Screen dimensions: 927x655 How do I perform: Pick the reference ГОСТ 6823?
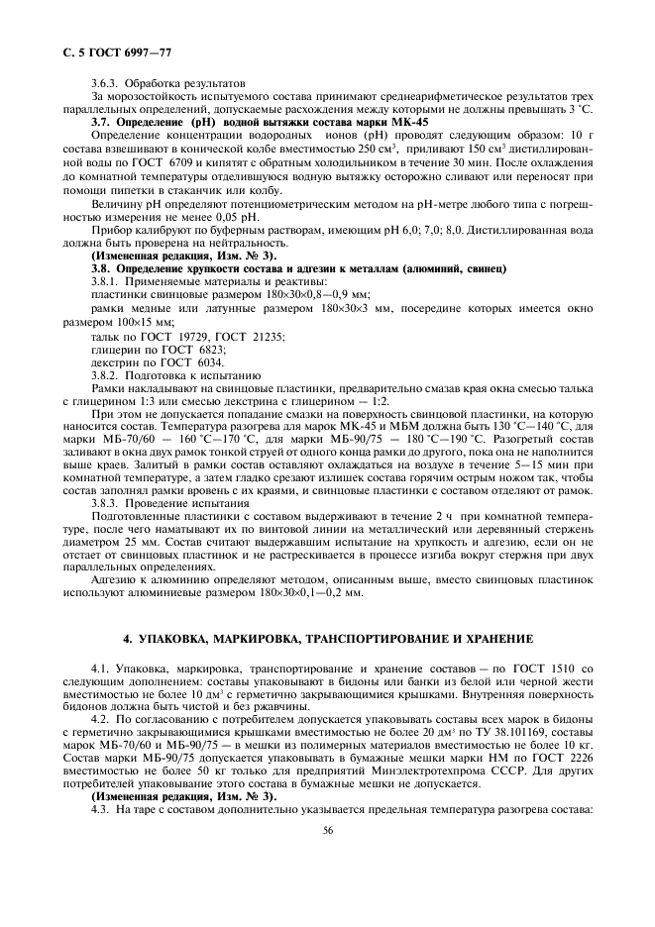(197, 351)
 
